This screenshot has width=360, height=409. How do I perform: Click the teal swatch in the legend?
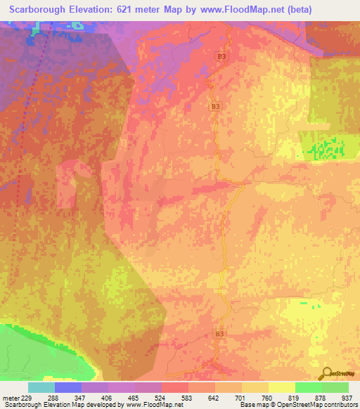pyautogui.click(x=41, y=387)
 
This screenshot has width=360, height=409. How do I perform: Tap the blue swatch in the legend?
pyautogui.click(x=68, y=387)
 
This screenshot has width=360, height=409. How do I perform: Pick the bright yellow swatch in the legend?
pyautogui.click(x=282, y=387)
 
